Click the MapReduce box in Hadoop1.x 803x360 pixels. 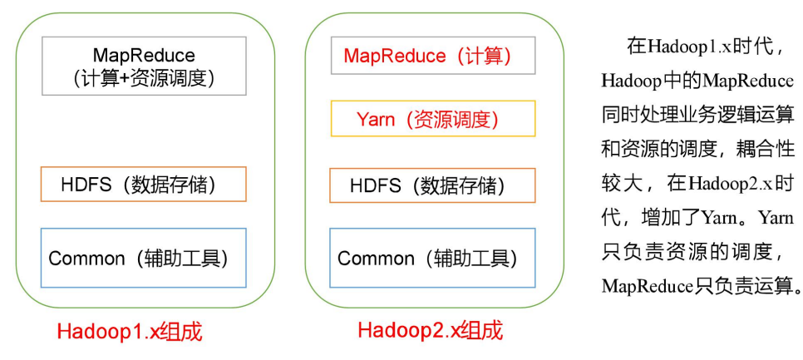pos(144,66)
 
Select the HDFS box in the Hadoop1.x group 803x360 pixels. pos(144,184)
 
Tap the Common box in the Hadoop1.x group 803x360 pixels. pos(144,258)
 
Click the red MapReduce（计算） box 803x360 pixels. pos(432,57)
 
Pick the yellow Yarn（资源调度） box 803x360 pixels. pos(432,119)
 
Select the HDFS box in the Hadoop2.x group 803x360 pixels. pos(432,185)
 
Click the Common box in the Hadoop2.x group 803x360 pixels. pos(432,258)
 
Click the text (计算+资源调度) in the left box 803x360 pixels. pos(144,78)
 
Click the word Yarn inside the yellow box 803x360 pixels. pos(375,119)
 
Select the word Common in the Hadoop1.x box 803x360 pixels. pos(86,258)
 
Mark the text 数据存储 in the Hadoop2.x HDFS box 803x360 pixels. pos(465,185)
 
